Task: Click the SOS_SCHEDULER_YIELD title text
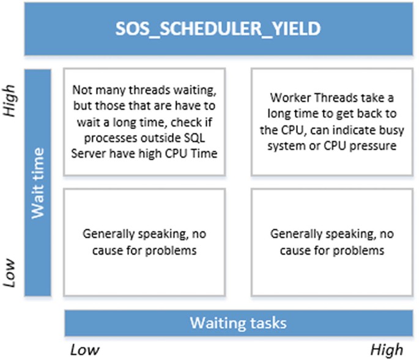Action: [x=218, y=29]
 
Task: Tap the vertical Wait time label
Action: [x=38, y=183]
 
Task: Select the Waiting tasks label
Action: [x=238, y=323]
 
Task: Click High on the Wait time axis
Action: [x=9, y=100]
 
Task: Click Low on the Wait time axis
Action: [x=9, y=273]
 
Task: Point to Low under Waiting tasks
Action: [x=84, y=350]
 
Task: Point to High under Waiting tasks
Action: [x=387, y=350]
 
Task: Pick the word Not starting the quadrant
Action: [x=83, y=90]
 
